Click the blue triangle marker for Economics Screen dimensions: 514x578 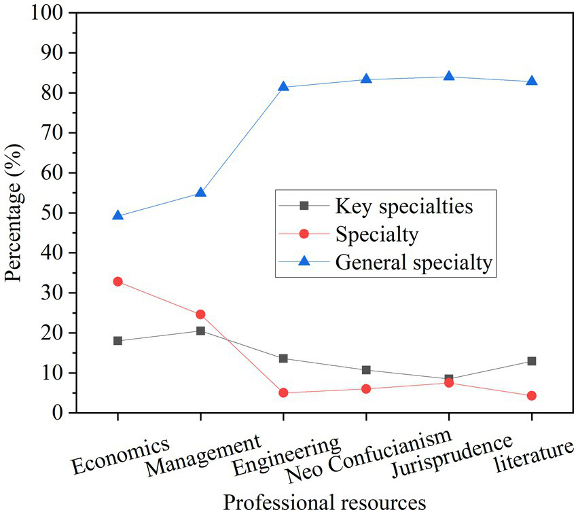pos(118,215)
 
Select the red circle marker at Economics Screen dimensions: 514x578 pos(118,281)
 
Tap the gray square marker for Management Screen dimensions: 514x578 pos(200,331)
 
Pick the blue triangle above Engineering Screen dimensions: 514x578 pos(283,86)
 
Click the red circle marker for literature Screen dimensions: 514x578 pos(532,395)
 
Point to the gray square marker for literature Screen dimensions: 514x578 pos(532,361)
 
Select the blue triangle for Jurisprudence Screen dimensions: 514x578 pos(449,76)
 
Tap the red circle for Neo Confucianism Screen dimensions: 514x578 pos(366,389)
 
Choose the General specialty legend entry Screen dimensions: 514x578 pos(414,263)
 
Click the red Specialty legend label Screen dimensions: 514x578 pos(376,234)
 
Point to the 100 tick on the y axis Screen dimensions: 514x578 pos(46,13)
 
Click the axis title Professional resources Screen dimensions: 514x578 pos(325,502)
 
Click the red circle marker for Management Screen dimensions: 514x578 pos(200,314)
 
